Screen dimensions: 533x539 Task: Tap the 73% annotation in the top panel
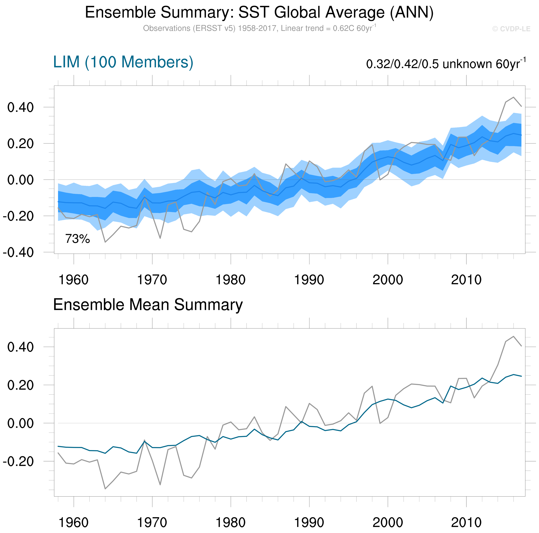(78, 239)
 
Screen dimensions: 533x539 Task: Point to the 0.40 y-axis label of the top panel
(20, 107)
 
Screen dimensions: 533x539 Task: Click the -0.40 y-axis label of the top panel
(18, 253)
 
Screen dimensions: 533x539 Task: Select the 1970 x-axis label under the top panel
(152, 280)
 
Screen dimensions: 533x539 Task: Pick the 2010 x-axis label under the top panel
(466, 280)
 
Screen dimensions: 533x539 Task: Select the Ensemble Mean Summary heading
(148, 305)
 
